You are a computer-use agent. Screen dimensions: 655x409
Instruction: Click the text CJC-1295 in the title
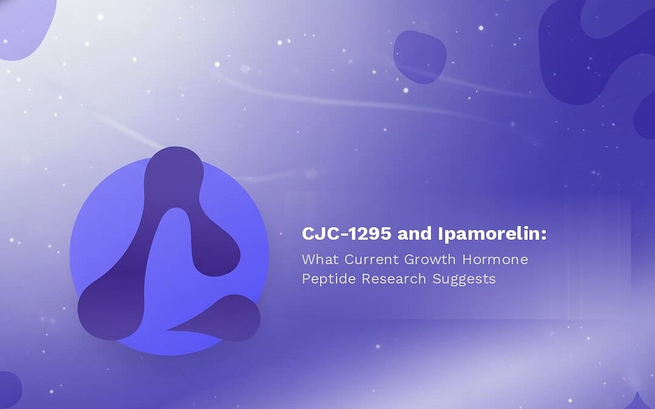[346, 234]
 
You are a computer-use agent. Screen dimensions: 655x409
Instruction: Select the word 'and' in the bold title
[415, 234]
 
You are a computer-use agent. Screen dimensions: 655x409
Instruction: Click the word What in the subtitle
[320, 259]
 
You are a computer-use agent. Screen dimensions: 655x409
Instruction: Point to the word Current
[371, 259]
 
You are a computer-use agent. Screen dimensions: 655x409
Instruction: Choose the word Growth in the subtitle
[430, 259]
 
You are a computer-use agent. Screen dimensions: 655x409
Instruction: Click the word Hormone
[495, 259]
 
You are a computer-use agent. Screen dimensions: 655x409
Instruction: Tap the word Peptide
[329, 279]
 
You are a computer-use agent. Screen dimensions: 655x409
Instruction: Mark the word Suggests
[464, 279]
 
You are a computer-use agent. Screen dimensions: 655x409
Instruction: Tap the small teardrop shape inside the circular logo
[221, 317]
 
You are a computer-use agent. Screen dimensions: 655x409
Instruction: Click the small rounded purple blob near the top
[420, 57]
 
